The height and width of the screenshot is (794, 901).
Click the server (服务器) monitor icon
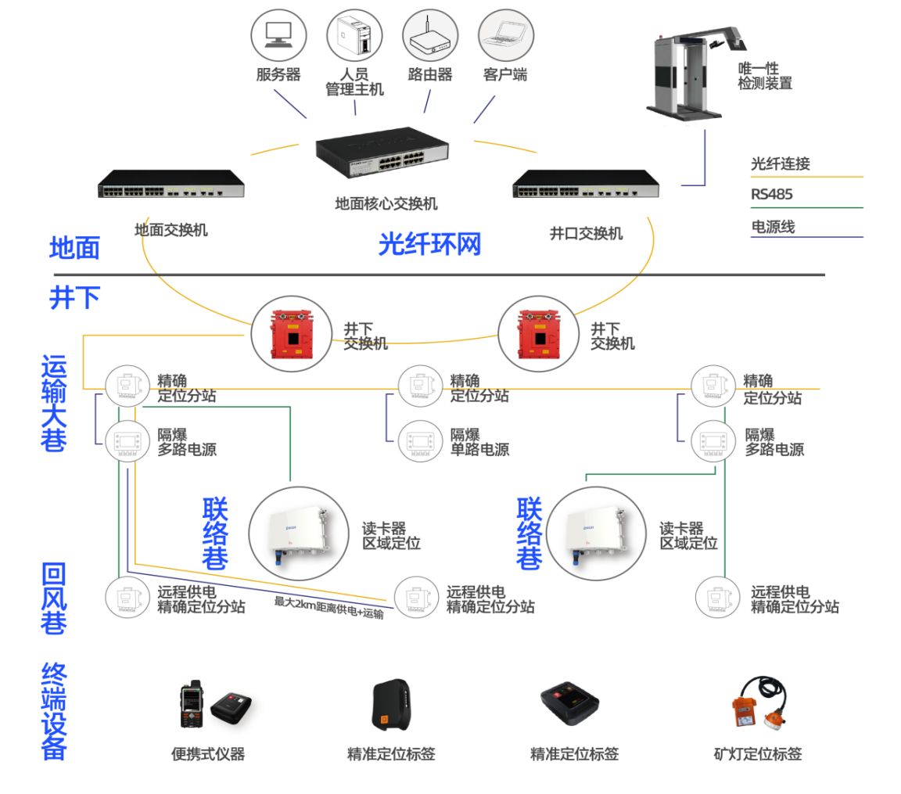(x=278, y=35)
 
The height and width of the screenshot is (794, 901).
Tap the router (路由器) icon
(x=430, y=35)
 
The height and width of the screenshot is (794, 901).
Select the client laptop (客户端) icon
(x=506, y=35)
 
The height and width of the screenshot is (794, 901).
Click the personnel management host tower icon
(x=354, y=35)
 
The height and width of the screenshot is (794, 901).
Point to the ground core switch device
(x=382, y=150)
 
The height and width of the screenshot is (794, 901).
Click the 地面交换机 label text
(x=171, y=230)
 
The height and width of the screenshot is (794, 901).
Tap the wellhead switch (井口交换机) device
(x=586, y=184)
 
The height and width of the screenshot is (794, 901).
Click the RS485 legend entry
(x=772, y=194)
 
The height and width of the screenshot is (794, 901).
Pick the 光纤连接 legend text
(x=781, y=163)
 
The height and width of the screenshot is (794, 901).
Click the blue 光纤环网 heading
(x=430, y=244)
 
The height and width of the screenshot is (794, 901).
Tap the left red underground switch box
(x=292, y=334)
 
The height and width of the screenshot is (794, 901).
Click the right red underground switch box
(x=539, y=334)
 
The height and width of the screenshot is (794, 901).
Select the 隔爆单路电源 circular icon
(x=421, y=442)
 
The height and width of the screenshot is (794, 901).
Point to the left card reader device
(x=299, y=534)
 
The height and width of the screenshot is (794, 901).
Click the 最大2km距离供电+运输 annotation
(x=328, y=608)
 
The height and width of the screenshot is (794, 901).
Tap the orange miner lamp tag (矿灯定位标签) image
(x=759, y=702)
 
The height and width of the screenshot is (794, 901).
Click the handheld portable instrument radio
(x=192, y=704)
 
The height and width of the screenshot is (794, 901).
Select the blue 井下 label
(x=75, y=297)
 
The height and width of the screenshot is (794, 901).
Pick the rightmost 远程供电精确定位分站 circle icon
(x=718, y=598)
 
